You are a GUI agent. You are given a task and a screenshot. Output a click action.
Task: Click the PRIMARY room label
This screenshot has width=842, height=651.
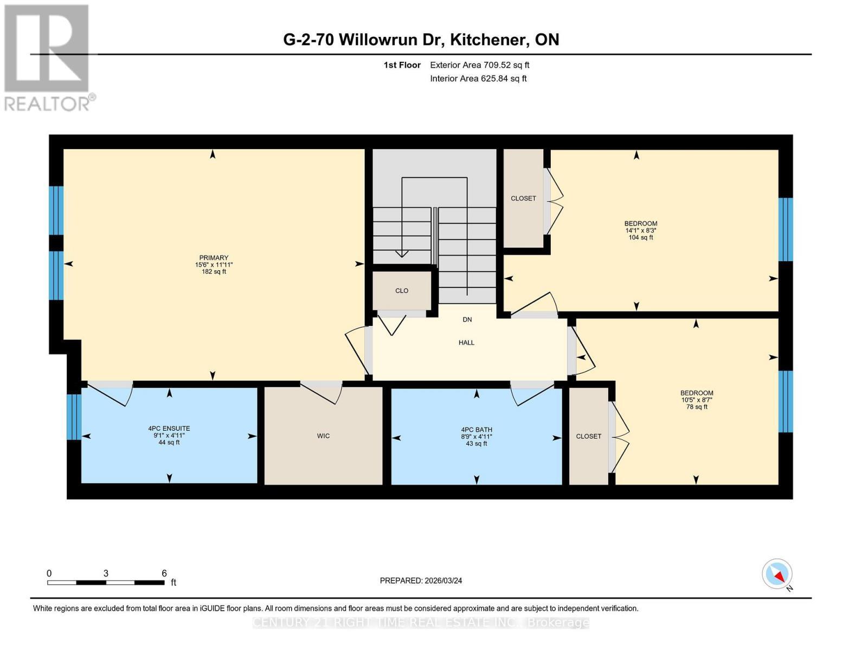click(x=214, y=258)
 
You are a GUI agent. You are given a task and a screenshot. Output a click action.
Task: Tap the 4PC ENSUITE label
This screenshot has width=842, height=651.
click(x=169, y=429)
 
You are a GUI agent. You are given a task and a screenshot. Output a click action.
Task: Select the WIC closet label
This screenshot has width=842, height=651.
click(x=323, y=436)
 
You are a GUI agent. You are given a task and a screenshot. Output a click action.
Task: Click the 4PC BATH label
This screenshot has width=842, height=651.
click(x=477, y=430)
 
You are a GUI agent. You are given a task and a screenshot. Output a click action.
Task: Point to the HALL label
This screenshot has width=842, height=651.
click(x=466, y=343)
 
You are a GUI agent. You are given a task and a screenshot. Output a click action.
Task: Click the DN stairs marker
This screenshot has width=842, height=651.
click(x=467, y=320)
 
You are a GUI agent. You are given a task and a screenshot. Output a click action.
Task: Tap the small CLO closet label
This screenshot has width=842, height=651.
click(x=402, y=291)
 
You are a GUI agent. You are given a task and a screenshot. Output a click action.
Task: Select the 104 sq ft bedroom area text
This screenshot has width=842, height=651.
click(x=640, y=238)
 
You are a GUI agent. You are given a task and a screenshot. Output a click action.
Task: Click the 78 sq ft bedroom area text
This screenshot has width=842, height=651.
click(x=697, y=407)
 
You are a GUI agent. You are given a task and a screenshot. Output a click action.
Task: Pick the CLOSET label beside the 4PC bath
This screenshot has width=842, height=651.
click(x=589, y=436)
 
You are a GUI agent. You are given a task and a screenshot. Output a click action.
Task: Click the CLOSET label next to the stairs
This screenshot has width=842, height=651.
click(x=523, y=199)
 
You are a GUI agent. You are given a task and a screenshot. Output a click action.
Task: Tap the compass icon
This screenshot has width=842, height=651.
click(x=777, y=574)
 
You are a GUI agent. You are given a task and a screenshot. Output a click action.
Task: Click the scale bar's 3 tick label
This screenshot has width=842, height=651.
click(x=106, y=573)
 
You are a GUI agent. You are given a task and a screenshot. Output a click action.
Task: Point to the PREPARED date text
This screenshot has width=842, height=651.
click(x=421, y=580)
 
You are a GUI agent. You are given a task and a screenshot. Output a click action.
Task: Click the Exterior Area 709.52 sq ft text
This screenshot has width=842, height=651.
click(x=479, y=65)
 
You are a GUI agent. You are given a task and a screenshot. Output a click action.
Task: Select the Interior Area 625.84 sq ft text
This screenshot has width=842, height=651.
click(x=478, y=79)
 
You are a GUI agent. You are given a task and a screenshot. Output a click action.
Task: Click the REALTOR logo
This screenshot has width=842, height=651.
click(x=47, y=57)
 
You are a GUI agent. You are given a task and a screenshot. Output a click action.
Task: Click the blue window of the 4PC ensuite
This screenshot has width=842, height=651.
click(x=74, y=417)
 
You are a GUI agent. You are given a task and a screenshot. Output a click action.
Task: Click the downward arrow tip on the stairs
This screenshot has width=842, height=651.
click(x=401, y=254)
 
